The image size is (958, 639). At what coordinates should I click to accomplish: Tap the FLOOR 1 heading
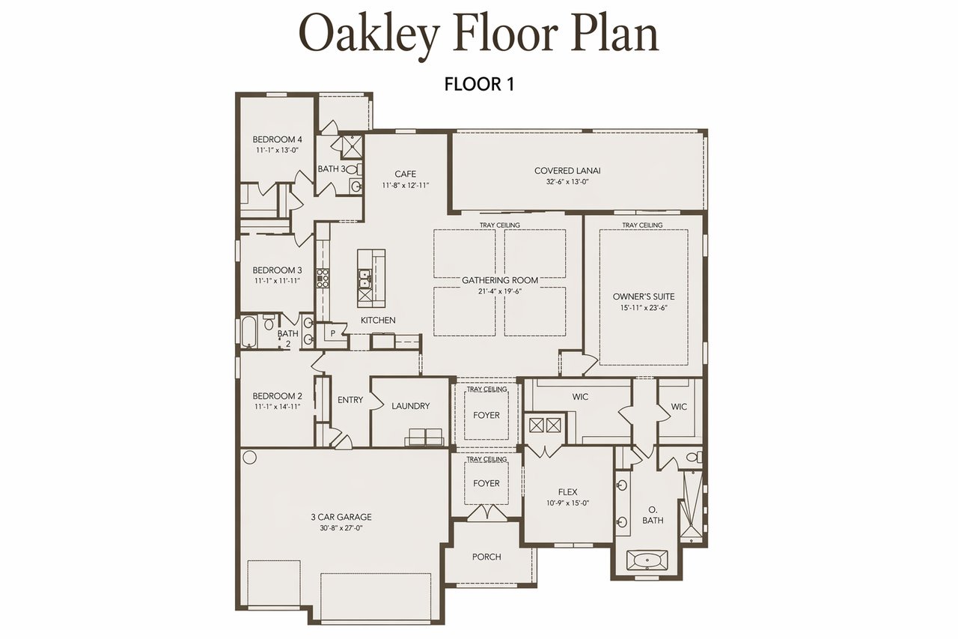click(479, 85)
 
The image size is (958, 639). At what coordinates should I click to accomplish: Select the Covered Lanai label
click(567, 171)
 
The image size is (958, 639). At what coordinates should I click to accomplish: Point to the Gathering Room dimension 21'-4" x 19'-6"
click(500, 292)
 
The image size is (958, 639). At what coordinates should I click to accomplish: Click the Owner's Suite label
click(644, 297)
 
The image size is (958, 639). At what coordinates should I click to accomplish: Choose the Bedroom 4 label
click(277, 139)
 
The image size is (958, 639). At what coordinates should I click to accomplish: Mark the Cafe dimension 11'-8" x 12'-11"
click(406, 185)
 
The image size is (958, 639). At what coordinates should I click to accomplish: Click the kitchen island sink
click(364, 279)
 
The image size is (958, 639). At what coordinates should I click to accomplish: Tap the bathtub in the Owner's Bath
click(647, 560)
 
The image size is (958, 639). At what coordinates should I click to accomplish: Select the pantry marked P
click(332, 333)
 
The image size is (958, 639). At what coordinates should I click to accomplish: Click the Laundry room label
click(411, 406)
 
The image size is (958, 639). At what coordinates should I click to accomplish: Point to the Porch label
click(486, 557)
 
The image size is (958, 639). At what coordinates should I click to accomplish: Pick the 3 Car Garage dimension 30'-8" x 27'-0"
click(341, 528)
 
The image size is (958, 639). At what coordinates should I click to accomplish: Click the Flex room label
click(567, 492)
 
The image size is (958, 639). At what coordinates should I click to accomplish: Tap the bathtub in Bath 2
click(248, 332)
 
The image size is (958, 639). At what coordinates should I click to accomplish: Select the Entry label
click(350, 400)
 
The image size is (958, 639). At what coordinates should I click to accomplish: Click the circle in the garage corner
click(249, 458)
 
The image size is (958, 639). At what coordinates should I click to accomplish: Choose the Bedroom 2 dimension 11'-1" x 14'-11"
click(278, 407)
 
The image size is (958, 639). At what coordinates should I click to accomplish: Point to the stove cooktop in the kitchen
click(323, 278)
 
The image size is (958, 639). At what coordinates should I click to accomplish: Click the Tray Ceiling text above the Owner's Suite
click(642, 225)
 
